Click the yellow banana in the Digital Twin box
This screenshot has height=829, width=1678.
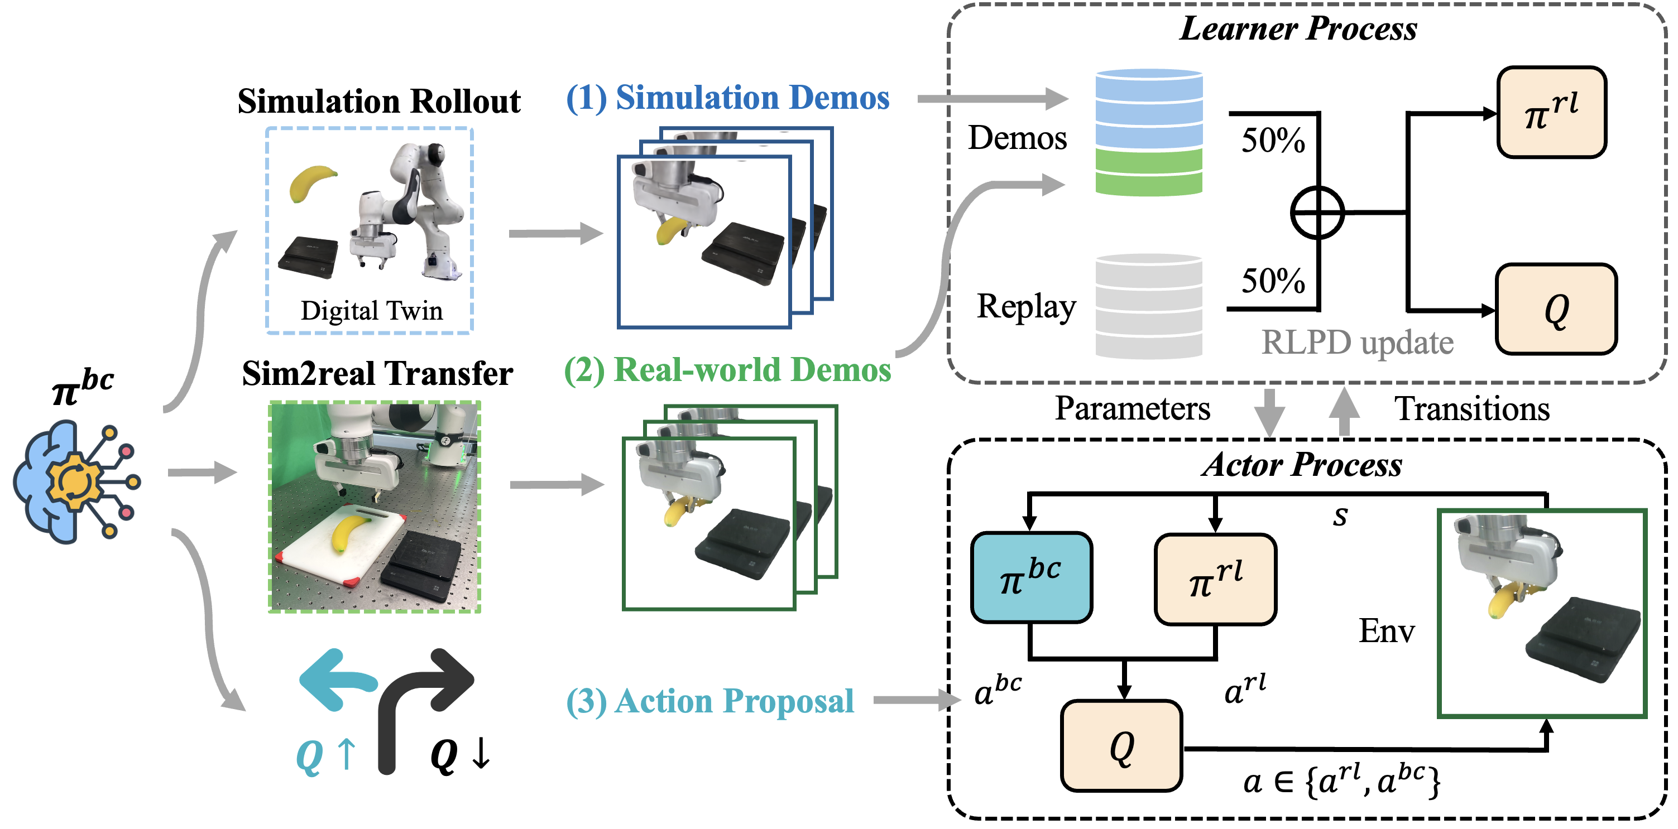pyautogui.click(x=311, y=182)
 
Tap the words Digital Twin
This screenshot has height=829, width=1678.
pyautogui.click(x=371, y=311)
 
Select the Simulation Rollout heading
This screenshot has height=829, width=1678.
pyautogui.click(x=378, y=102)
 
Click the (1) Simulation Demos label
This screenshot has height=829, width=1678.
pyautogui.click(x=727, y=98)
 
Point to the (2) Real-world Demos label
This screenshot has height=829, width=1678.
pyautogui.click(x=727, y=370)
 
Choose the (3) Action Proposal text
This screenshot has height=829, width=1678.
pyautogui.click(x=710, y=701)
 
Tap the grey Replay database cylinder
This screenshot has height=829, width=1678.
pyautogui.click(x=1148, y=306)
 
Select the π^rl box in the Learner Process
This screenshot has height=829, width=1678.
pyautogui.click(x=1551, y=113)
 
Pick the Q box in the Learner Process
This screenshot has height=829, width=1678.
pyautogui.click(x=1556, y=309)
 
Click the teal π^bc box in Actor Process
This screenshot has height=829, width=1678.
pyautogui.click(x=1030, y=577)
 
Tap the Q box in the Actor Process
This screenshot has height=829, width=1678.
pyautogui.click(x=1121, y=746)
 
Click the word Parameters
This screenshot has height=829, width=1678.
pyautogui.click(x=1132, y=409)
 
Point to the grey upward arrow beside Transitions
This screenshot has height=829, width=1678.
pyautogui.click(x=1343, y=412)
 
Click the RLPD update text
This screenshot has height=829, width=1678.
pyautogui.click(x=1357, y=343)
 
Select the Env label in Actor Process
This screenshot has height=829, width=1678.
pyautogui.click(x=1386, y=631)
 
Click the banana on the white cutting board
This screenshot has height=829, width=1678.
pyautogui.click(x=348, y=532)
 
